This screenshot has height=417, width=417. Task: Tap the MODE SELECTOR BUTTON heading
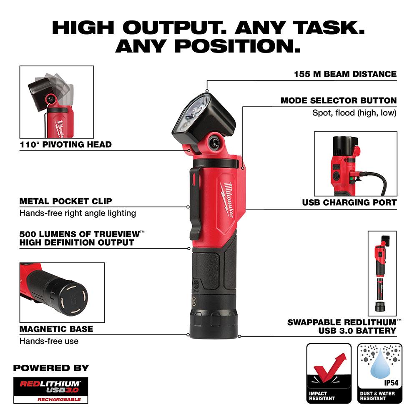(x=338, y=100)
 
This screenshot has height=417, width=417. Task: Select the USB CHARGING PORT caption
(x=349, y=203)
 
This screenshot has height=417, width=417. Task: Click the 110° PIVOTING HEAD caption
(x=66, y=145)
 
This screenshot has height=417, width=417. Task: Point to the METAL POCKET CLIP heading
(x=66, y=201)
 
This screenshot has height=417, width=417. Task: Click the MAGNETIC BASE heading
(x=56, y=329)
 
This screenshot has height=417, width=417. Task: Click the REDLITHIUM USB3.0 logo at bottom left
(x=51, y=390)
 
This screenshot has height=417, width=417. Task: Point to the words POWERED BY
(x=51, y=368)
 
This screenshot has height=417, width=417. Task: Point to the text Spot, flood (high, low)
(x=354, y=113)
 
